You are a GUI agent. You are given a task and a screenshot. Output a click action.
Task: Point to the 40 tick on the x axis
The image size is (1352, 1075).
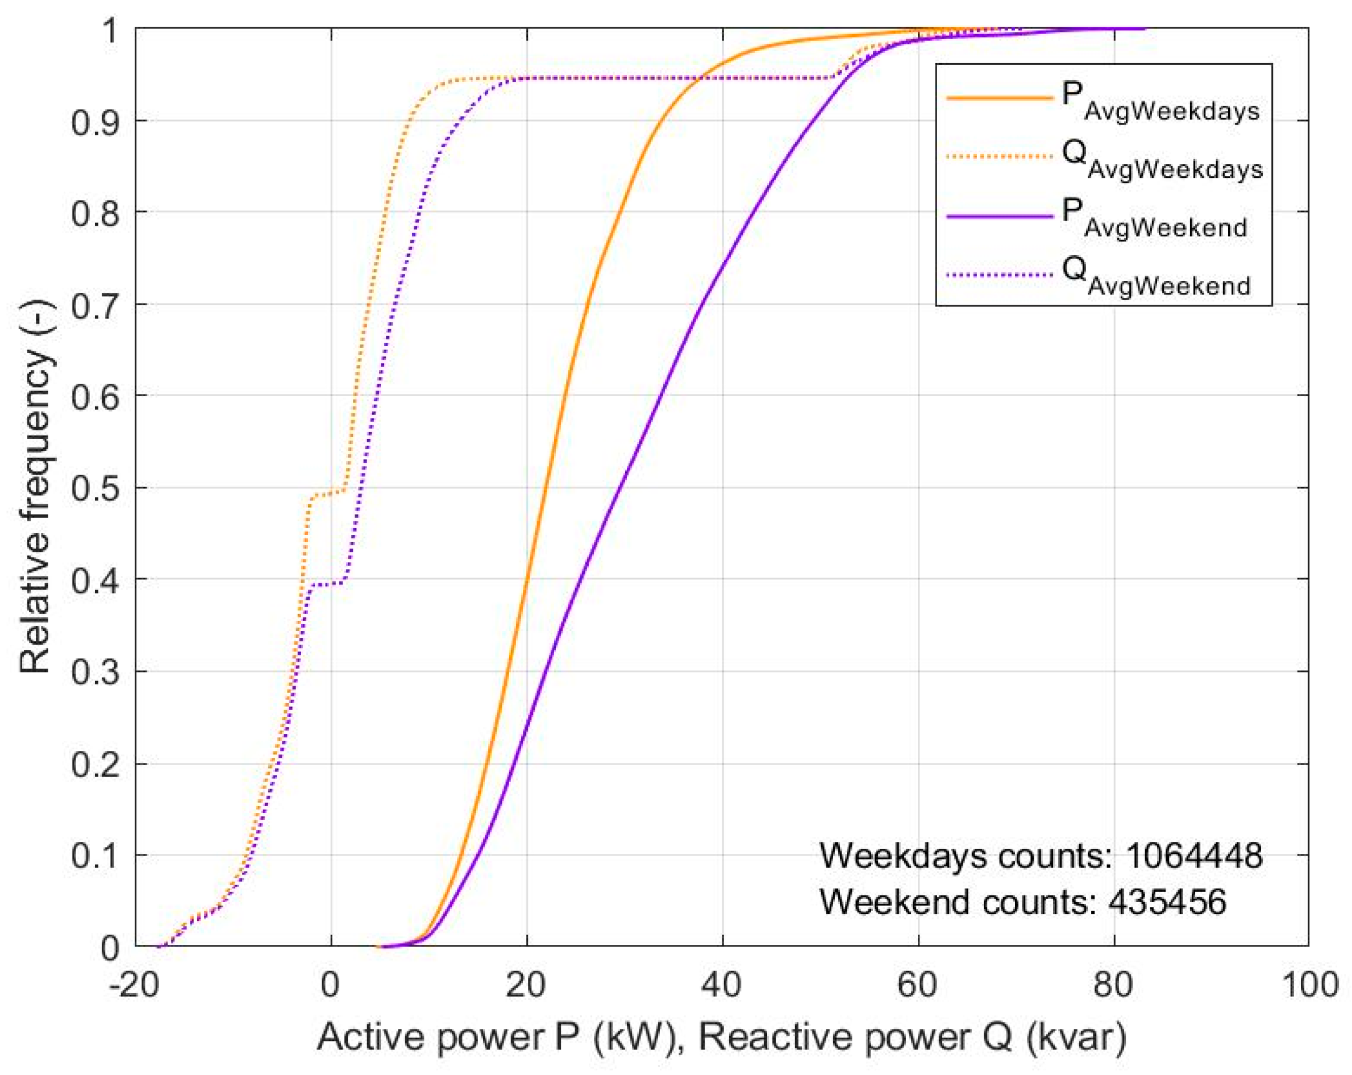click(722, 985)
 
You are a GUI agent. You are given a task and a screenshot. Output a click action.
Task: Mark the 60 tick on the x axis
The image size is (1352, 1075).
click(918, 985)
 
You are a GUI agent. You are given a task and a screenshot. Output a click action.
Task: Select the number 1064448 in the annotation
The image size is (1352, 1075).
click(1193, 856)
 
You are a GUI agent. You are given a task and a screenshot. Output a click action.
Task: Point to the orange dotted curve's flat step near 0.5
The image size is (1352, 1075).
click(326, 493)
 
